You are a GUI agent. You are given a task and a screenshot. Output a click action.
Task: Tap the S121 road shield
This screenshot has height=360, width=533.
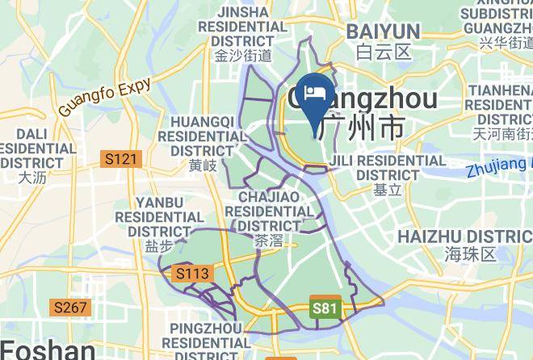click(121, 160)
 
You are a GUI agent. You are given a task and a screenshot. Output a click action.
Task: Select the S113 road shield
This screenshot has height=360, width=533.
click(192, 274)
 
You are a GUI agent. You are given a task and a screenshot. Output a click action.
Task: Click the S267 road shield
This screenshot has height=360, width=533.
click(71, 308)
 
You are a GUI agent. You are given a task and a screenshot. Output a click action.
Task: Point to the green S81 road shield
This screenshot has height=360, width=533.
click(324, 308)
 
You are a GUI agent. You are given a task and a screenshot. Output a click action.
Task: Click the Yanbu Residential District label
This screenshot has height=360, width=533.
click(159, 216)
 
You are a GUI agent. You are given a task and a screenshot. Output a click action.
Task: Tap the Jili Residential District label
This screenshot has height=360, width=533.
click(388, 168)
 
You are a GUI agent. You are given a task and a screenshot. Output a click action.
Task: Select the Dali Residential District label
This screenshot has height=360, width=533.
click(36, 148)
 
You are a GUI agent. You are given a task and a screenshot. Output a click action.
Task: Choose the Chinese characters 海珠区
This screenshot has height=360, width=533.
click(469, 254)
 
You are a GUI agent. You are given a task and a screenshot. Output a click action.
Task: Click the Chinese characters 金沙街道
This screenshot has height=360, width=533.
click(243, 56)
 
